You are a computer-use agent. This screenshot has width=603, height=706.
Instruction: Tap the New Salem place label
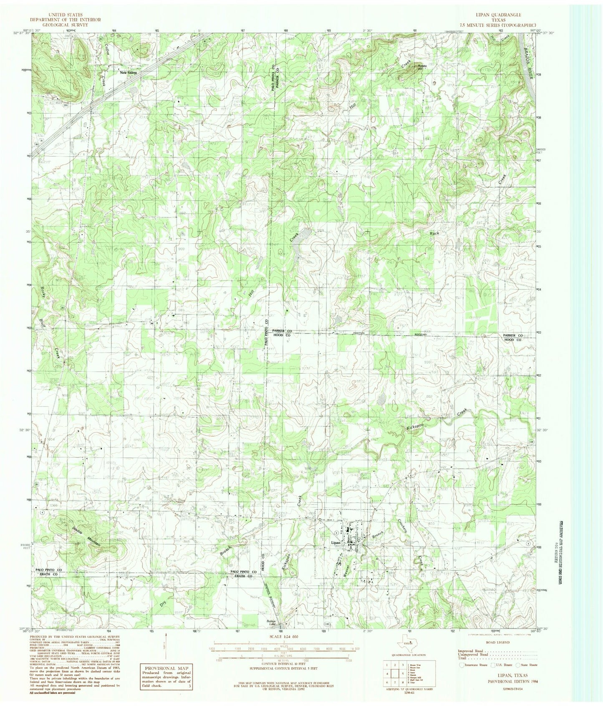tap(129, 73)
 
